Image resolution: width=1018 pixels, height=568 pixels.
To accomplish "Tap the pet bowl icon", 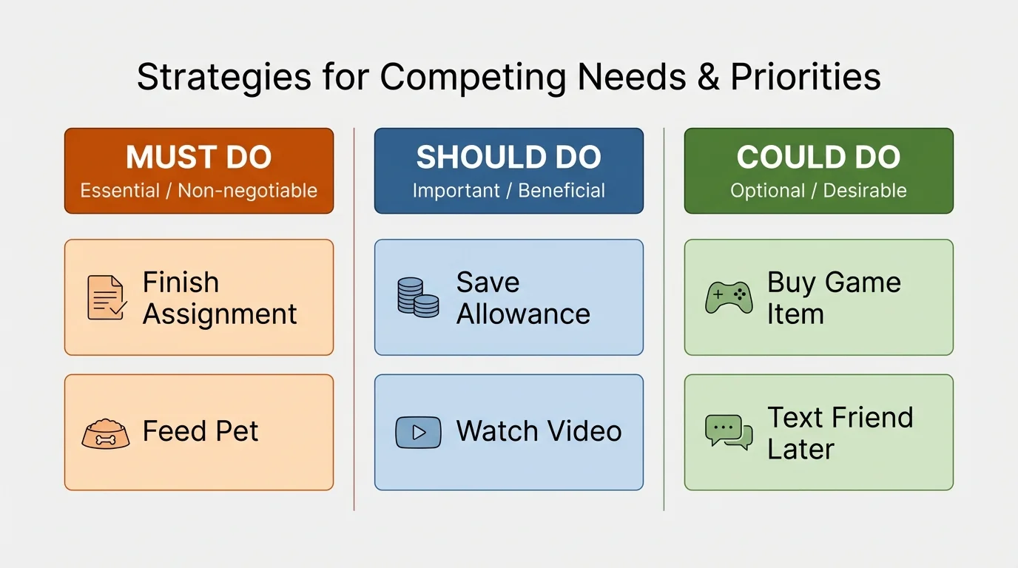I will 105,433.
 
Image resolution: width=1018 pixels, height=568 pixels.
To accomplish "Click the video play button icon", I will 418,433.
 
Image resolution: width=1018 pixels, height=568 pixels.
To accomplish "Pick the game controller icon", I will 729,297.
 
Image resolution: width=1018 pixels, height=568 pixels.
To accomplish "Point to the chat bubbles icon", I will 729,432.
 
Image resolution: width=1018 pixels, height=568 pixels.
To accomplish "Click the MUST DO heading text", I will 199,158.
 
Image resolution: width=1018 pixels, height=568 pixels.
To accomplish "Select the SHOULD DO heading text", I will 509,158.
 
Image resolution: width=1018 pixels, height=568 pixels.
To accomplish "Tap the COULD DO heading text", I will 818,158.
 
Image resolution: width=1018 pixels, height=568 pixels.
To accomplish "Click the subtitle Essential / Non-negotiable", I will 199,191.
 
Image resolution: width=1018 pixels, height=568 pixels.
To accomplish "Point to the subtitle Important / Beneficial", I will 509,191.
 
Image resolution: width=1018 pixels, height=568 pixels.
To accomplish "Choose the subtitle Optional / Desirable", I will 818,191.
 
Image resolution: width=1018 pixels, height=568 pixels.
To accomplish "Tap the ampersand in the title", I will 709,78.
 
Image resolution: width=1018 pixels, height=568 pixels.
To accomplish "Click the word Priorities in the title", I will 806,78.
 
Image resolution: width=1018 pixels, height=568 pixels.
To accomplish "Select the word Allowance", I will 523,314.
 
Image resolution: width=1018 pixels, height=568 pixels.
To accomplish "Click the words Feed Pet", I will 200,431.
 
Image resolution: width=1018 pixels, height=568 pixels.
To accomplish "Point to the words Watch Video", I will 539,431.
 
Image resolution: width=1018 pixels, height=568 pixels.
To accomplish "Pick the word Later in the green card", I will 800,449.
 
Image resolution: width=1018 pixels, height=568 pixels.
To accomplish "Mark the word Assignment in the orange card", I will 220,314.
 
